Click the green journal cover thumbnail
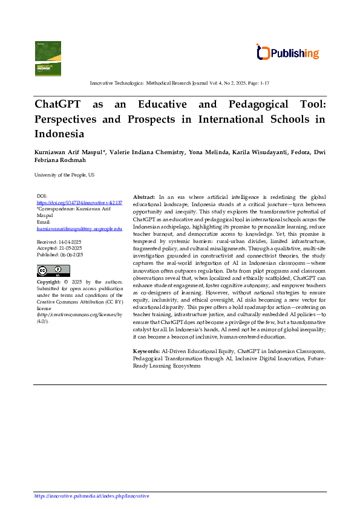coord(48,58)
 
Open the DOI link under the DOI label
coord(79,203)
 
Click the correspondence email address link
coord(79,229)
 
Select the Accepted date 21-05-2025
coord(59,248)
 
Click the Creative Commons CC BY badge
coord(53,270)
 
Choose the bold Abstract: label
coord(144,198)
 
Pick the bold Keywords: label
coord(146,351)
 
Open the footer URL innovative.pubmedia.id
coord(91,496)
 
